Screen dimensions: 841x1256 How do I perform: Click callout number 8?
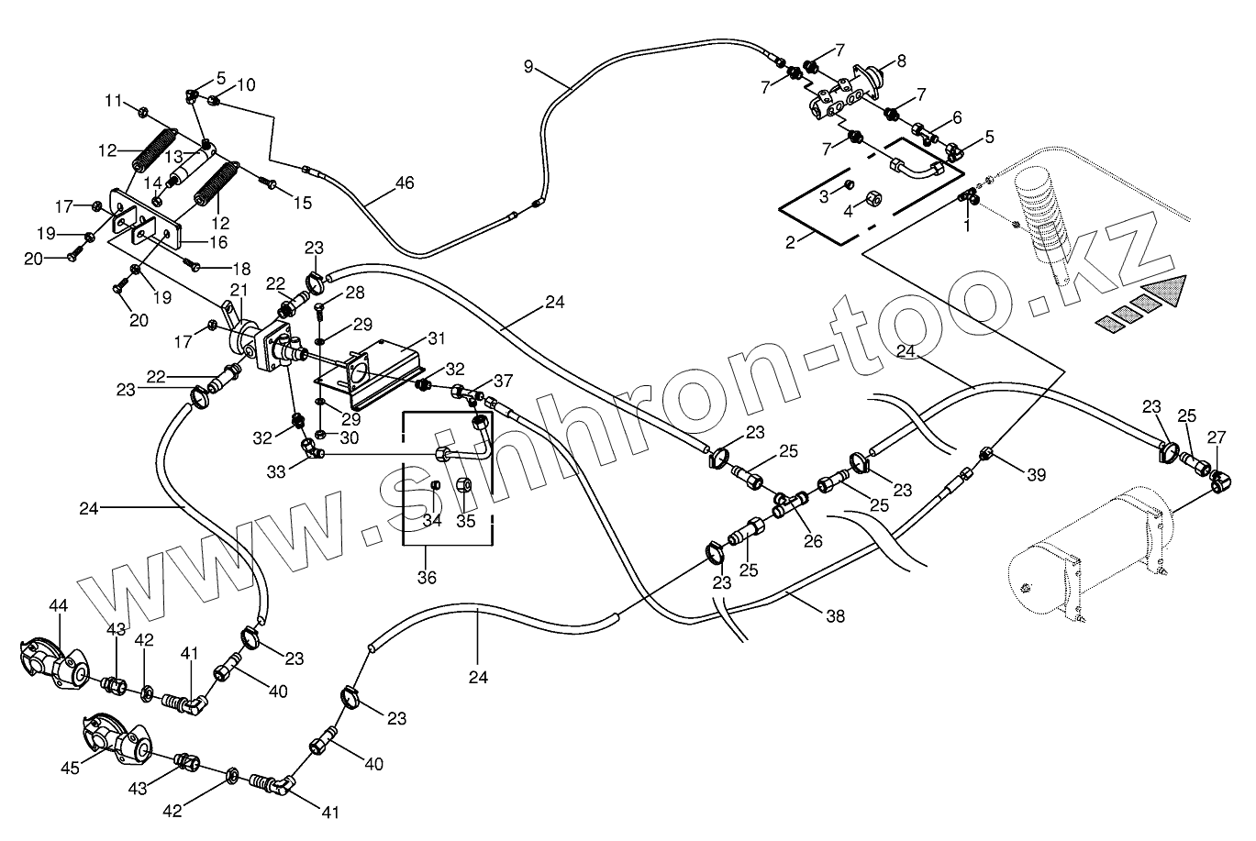click(x=901, y=61)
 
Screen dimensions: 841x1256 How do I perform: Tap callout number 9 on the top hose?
click(x=528, y=65)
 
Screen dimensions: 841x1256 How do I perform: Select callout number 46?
click(x=405, y=183)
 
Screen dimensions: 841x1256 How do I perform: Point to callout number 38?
click(x=835, y=618)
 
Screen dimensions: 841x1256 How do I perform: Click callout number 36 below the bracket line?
click(x=427, y=578)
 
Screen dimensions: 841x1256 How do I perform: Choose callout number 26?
click(x=813, y=540)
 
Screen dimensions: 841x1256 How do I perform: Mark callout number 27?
click(x=1217, y=438)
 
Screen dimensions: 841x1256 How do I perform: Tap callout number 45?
click(x=69, y=764)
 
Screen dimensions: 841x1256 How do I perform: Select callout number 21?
click(x=239, y=291)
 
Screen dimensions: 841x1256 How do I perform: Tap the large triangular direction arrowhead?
click(x=1163, y=293)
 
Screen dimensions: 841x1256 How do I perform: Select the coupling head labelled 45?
click(x=115, y=741)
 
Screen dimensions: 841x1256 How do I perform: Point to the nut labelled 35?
click(x=464, y=484)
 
